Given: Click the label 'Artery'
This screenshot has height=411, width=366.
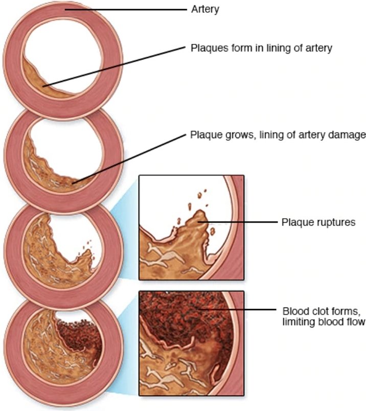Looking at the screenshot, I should pos(204,9).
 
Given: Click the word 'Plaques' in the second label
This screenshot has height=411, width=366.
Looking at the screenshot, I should pos(206,48).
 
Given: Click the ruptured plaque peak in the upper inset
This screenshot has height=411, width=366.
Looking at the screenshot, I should pos(197,217).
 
